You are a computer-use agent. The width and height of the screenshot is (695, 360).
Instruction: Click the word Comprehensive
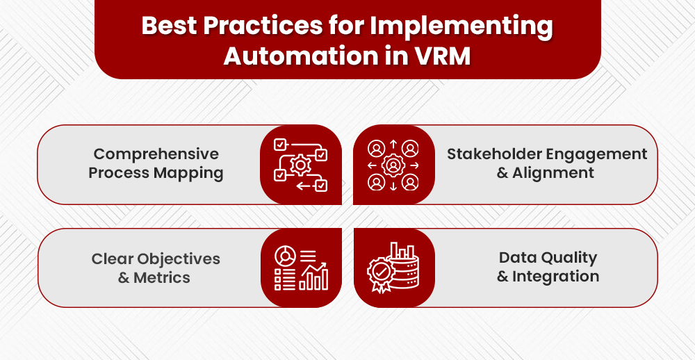pyautogui.click(x=156, y=154)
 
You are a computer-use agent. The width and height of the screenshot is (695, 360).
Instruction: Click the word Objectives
pyautogui.click(x=179, y=259)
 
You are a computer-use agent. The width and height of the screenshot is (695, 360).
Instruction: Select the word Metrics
pyautogui.click(x=163, y=277)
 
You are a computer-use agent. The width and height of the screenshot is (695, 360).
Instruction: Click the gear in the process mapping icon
pyautogui.click(x=301, y=165)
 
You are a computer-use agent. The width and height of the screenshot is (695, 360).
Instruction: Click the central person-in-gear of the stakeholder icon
pyautogui.click(x=393, y=165)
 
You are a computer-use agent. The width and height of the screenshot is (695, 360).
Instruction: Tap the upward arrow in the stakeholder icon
pyautogui.click(x=393, y=145)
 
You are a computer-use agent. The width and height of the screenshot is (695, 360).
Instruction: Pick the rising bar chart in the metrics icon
pyautogui.click(x=313, y=277)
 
